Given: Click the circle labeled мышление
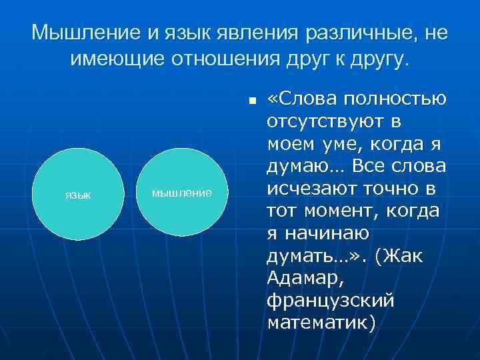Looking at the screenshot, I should pos(181,193).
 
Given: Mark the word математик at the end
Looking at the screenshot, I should pos(318,323).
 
